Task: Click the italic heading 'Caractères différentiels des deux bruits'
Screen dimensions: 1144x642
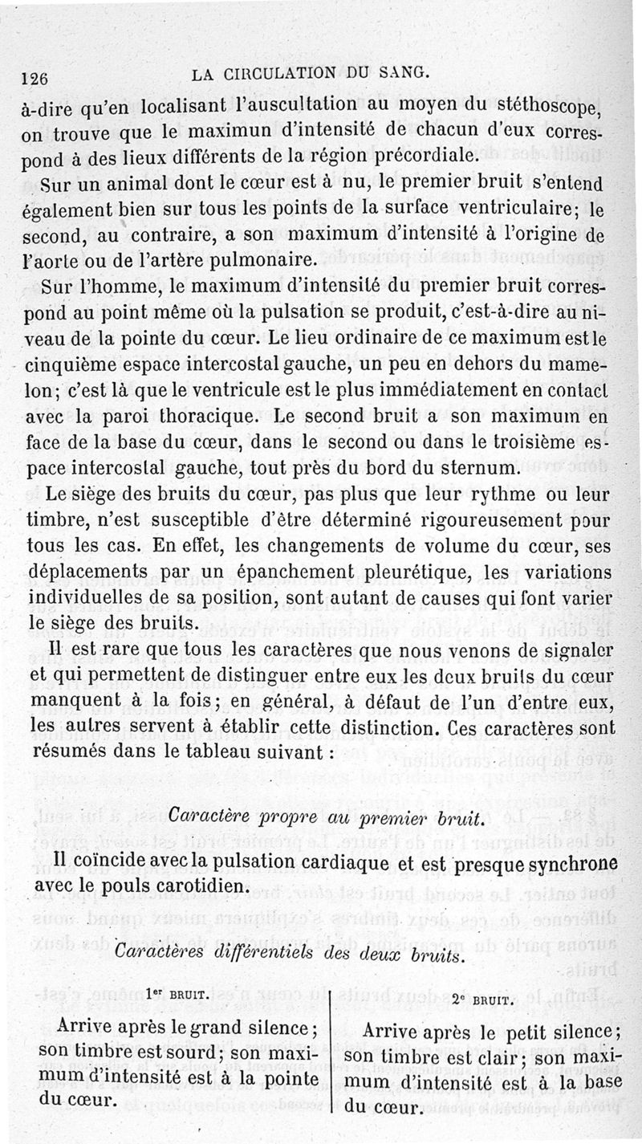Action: [288, 955]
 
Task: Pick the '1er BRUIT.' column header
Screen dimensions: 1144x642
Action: [178, 994]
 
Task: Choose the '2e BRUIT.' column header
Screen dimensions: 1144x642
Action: [481, 1001]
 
